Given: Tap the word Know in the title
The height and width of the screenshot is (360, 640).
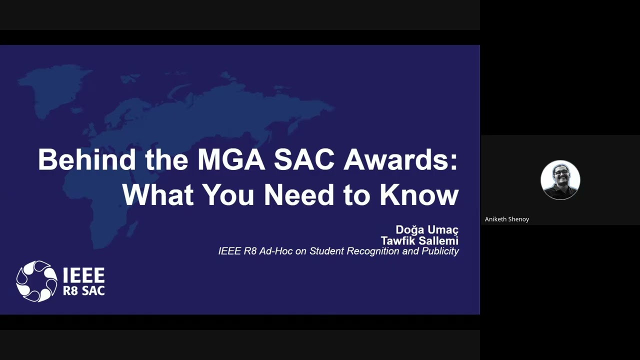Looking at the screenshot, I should (419, 194).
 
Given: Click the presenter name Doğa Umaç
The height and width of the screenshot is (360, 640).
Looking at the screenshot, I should (427, 229).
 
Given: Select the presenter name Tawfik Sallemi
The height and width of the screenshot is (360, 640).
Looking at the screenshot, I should (419, 240).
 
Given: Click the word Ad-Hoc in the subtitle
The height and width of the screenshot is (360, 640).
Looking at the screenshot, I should (275, 251).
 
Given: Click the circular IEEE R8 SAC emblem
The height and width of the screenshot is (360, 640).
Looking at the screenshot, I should (36, 281).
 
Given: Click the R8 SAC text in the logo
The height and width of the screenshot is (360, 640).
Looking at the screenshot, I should (83, 290).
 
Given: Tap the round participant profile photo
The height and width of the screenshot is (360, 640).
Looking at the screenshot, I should (560, 180).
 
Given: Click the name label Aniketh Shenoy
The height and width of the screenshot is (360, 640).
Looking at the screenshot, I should (507, 219).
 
